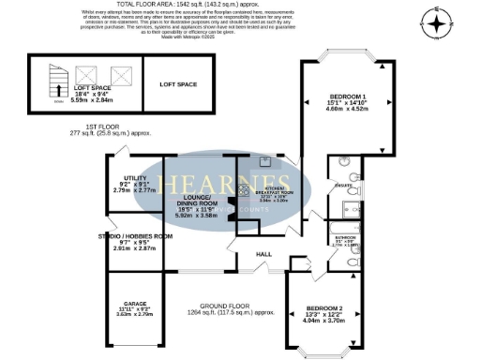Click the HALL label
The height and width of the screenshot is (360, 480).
pos(263,255)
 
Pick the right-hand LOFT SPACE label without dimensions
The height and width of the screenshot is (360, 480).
pos(178,85)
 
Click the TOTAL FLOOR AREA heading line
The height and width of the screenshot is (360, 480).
pos(241,5)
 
